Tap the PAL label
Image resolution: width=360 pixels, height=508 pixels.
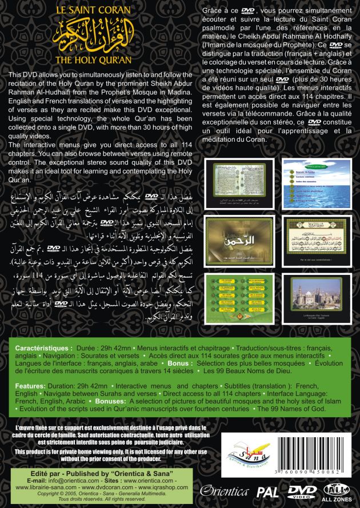click(283, 491)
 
